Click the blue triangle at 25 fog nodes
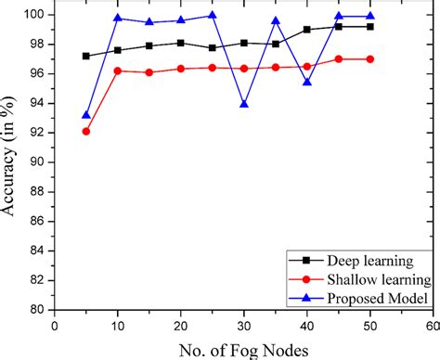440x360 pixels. [x=213, y=15]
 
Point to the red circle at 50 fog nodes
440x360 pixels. [x=370, y=58]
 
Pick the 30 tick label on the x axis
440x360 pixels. [x=244, y=326]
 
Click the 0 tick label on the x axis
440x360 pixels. [x=55, y=326]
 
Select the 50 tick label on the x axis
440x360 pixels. [x=370, y=326]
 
